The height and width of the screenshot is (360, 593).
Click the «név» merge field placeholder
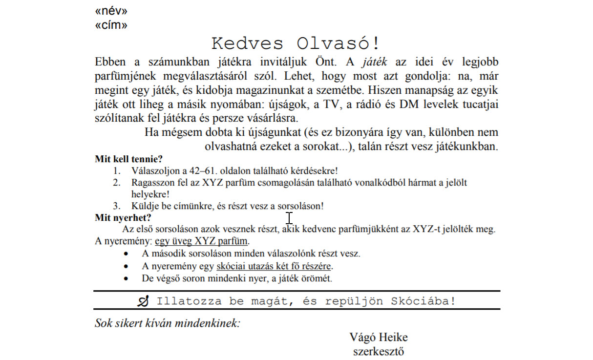[111, 11]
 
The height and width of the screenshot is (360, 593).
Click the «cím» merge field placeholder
[111, 25]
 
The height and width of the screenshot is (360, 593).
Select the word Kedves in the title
[247, 43]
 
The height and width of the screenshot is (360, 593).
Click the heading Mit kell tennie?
[128, 159]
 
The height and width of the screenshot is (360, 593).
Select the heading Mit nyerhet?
[123, 218]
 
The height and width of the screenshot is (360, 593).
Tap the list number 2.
[117, 183]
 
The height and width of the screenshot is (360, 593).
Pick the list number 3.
[117, 206]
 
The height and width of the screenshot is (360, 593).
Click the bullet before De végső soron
[127, 279]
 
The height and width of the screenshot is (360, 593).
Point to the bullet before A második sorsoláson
[127, 254]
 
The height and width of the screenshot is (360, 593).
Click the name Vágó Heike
[379, 338]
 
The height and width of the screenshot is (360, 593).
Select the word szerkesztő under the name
[379, 351]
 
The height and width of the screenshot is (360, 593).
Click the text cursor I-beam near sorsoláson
[289, 218]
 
